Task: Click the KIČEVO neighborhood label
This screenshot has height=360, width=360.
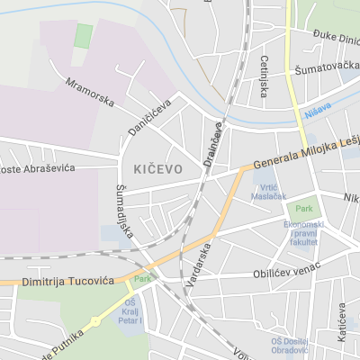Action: pyautogui.click(x=157, y=169)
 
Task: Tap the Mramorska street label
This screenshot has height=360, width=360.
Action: pyautogui.click(x=90, y=92)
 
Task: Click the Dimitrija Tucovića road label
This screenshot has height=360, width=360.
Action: pyautogui.click(x=56, y=282)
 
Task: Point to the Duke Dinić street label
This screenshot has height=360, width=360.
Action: pyautogui.click(x=336, y=37)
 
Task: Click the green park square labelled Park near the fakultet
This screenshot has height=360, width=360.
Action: pyautogui.click(x=309, y=206)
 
